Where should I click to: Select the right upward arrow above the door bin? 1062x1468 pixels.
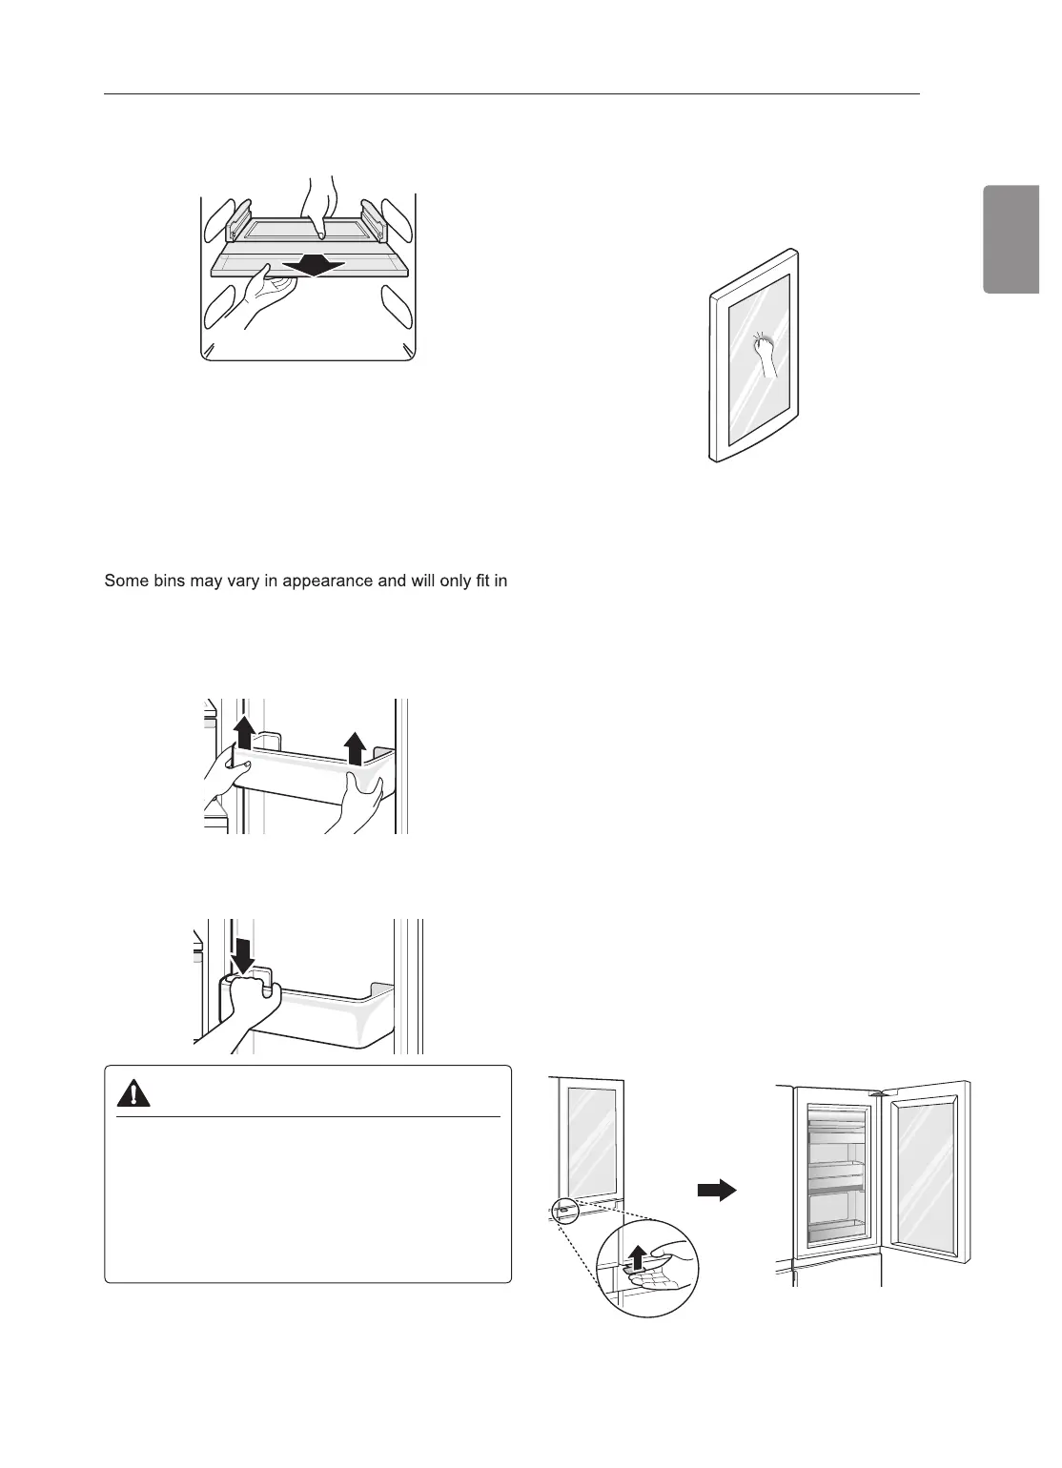pos(355,747)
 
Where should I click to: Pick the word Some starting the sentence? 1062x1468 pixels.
pos(125,580)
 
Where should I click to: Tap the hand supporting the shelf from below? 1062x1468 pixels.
pos(258,295)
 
